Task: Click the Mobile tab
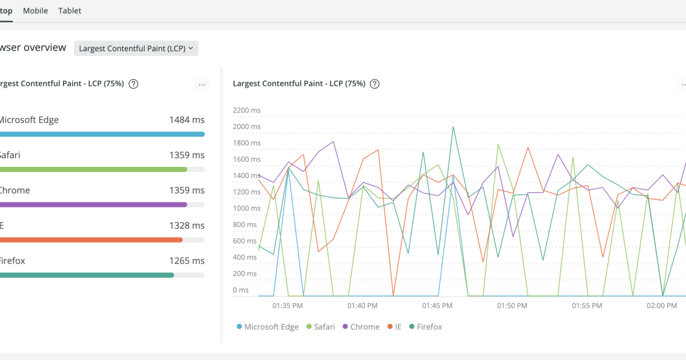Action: pyautogui.click(x=35, y=11)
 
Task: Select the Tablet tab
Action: pyautogui.click(x=70, y=11)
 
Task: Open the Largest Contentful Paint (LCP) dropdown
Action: pyautogui.click(x=136, y=49)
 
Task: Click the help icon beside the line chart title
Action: pyautogui.click(x=374, y=84)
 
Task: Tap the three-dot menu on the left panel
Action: pyautogui.click(x=202, y=85)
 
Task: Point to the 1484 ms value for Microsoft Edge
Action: pyautogui.click(x=186, y=120)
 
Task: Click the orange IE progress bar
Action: pyautogui.click(x=91, y=240)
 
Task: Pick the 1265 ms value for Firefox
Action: pyautogui.click(x=186, y=261)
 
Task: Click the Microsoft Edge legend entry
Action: pyautogui.click(x=268, y=327)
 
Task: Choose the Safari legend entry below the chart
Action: pyautogui.click(x=321, y=327)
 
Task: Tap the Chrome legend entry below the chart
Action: pyautogui.click(x=361, y=327)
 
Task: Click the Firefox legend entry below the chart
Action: pyautogui.click(x=425, y=327)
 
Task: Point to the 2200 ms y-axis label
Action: pyautogui.click(x=247, y=110)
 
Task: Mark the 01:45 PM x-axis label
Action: pyautogui.click(x=437, y=306)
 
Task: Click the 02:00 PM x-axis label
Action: pyautogui.click(x=662, y=306)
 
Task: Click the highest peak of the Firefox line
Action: pyautogui.click(x=453, y=127)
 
